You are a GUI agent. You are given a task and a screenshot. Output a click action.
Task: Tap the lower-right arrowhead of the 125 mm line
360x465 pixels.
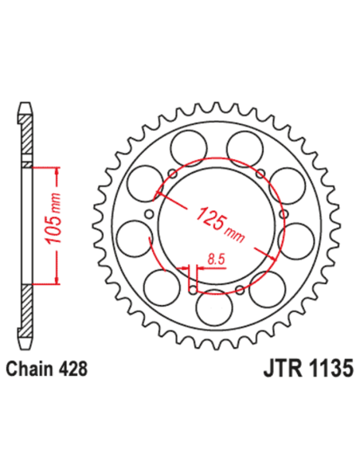[272, 258]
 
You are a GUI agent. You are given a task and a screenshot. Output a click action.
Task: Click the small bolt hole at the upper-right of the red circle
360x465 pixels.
[260, 174]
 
